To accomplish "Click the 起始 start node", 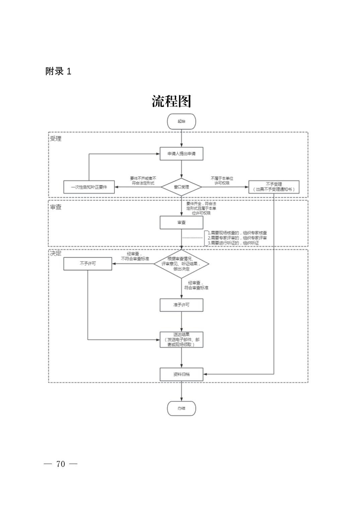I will tap(181, 121).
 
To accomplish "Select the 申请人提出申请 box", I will tap(181, 154).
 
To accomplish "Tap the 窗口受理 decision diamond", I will tap(181, 187).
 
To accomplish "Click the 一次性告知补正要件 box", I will tap(89, 187).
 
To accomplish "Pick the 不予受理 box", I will tap(274, 187).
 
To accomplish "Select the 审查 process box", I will tap(181, 222).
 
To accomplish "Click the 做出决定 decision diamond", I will tap(181, 264).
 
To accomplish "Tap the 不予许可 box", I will tap(88, 264).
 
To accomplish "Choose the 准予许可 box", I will tap(181, 305).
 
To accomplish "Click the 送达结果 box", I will tap(181, 339).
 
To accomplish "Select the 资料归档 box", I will tap(181, 374).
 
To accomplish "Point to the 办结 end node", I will tap(181, 408).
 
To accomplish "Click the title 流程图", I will tap(171, 101).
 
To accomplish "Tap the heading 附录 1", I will tap(58, 71).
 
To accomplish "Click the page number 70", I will tap(61, 464).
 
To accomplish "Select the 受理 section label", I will tap(56, 138).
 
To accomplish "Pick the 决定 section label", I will tap(56, 253).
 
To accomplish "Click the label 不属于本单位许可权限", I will tap(222, 181).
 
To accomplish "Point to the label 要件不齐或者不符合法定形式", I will tap(143, 181).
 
